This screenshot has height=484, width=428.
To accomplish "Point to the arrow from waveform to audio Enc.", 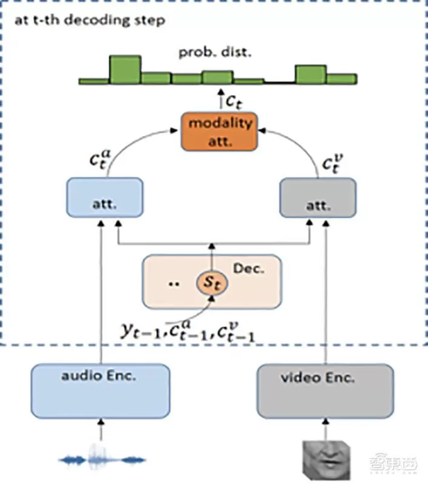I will click(x=102, y=432).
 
